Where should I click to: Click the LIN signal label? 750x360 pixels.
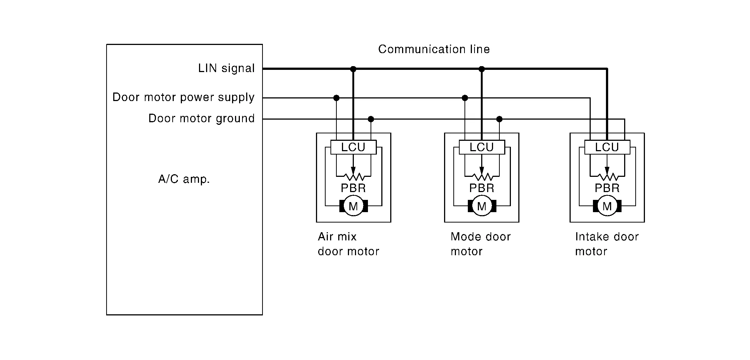[226, 68]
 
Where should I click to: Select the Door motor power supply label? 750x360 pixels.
[183, 97]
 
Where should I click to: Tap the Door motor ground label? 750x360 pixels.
[202, 119]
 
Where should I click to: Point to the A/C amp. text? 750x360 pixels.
[184, 179]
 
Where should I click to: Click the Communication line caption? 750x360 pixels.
[434, 49]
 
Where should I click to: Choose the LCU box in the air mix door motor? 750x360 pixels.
[353, 147]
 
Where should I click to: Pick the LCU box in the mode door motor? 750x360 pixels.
[482, 147]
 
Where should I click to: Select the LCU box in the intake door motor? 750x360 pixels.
[607, 147]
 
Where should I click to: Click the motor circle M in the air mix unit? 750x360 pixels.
[353, 206]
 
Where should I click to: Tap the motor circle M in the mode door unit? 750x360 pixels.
[482, 206]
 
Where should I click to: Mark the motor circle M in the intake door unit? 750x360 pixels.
[607, 206]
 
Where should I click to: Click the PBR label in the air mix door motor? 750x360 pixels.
[353, 188]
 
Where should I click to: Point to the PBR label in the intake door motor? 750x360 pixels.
[607, 188]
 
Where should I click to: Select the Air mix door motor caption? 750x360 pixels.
[348, 244]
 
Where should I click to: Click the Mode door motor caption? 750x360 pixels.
[480, 244]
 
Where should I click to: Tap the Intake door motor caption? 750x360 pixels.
[607, 244]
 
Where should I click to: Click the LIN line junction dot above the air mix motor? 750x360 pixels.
[353, 69]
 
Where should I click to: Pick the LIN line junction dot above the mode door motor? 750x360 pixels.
[482, 69]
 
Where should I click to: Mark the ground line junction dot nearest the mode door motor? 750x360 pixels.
[499, 119]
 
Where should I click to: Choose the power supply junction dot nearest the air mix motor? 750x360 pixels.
[336, 98]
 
